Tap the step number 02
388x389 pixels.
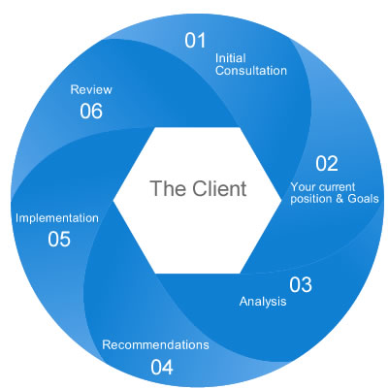pos(327,162)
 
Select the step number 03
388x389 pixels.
pos(301,284)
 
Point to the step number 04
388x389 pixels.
pos(162,367)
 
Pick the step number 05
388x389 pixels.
pos(59,239)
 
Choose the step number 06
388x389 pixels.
pos(91,111)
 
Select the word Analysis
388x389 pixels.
pos(263,302)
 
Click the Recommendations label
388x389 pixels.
pos(155,344)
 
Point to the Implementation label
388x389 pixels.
pos(57,218)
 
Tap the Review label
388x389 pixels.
pos(91,89)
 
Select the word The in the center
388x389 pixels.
pos(166,187)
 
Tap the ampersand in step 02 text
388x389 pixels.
pos(338,199)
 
